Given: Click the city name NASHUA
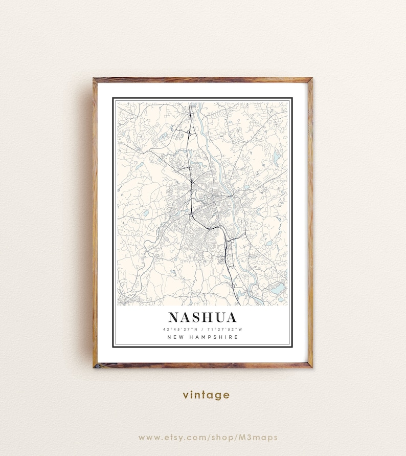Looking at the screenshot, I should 202,317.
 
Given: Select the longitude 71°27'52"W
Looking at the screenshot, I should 224,329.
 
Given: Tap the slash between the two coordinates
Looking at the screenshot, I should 202,329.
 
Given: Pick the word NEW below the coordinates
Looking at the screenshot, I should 175,337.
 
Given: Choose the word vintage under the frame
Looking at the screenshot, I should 206,395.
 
